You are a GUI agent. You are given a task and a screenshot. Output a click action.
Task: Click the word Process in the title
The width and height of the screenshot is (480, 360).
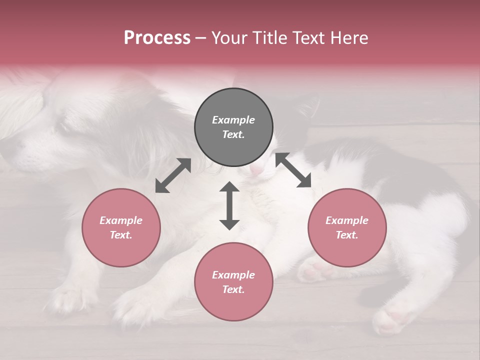(x=157, y=38)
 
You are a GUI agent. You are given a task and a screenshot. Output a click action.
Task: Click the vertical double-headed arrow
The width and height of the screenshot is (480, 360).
(x=229, y=205)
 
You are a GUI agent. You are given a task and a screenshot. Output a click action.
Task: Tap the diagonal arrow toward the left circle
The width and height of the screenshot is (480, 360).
(x=173, y=175)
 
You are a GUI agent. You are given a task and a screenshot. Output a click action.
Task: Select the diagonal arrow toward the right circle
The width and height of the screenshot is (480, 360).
(x=293, y=170)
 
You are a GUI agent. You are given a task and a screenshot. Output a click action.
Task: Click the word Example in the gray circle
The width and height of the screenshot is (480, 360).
(x=233, y=120)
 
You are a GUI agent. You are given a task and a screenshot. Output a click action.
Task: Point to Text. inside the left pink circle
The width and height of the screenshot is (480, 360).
(x=121, y=235)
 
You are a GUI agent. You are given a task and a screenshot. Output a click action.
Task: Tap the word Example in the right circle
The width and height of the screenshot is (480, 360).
(x=347, y=220)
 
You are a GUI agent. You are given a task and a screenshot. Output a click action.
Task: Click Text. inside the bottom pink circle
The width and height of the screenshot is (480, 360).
(x=233, y=289)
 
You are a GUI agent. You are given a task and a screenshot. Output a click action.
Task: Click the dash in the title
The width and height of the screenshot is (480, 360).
(x=200, y=38)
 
